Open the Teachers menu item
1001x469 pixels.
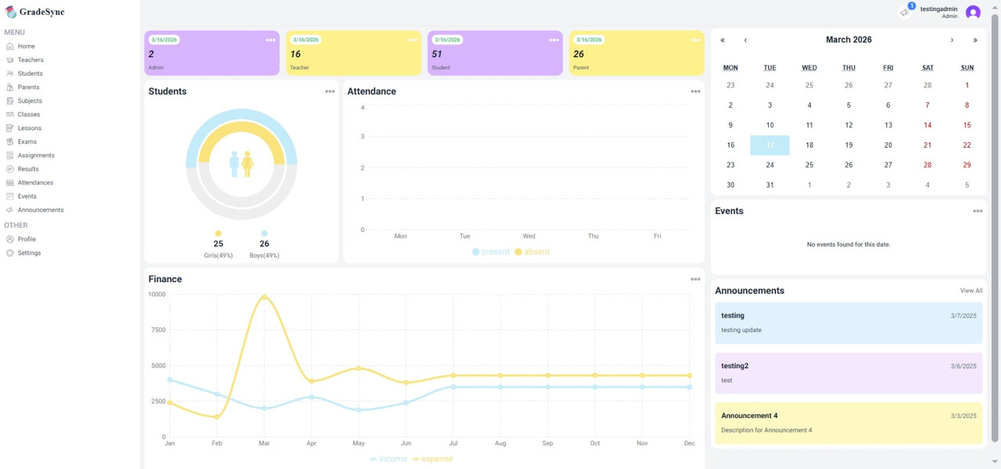[30, 60]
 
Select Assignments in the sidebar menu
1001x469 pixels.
[36, 156]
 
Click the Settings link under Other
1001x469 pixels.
[29, 253]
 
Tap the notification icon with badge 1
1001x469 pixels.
[906, 12]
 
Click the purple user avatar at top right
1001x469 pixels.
[973, 12]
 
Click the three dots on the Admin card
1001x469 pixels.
[270, 40]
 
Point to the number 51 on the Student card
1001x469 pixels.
[436, 55]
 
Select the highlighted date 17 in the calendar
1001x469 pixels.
[770, 145]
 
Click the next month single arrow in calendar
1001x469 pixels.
[952, 40]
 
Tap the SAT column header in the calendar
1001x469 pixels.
[927, 68]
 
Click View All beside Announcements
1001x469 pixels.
[971, 291]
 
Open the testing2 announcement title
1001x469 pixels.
[734, 366]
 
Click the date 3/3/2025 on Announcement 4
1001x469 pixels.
[963, 416]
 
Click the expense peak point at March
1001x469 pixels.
[264, 297]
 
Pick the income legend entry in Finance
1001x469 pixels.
[389, 459]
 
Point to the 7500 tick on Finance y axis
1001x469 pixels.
[157, 330]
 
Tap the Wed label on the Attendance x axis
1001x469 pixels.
[529, 236]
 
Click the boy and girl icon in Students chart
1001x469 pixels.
[241, 164]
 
